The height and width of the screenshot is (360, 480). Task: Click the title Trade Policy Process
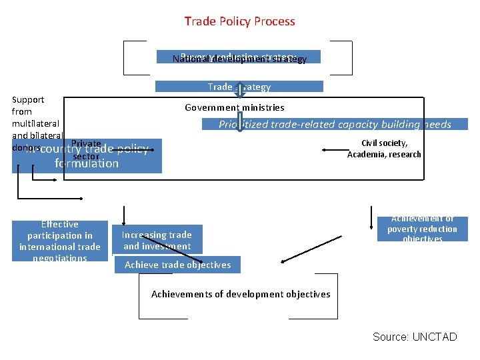coord(239,21)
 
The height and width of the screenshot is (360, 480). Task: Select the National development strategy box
coord(239,57)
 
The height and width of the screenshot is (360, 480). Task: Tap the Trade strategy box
coord(239,87)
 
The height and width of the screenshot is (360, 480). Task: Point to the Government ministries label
coord(235,107)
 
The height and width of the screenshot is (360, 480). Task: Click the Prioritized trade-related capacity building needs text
coord(335,124)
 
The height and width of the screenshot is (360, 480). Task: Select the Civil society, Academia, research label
coord(384,149)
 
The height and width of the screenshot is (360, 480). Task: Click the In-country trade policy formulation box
coord(87,156)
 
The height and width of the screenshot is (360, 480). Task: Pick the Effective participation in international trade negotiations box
coord(60,241)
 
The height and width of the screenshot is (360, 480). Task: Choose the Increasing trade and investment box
coord(157,240)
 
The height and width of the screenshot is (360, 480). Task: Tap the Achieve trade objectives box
coord(178,265)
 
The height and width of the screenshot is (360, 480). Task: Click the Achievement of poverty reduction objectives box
coord(423,229)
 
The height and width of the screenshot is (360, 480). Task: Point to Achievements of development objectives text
coord(241,294)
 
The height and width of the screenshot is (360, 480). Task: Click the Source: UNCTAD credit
coord(415,337)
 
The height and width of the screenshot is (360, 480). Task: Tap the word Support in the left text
coord(28,100)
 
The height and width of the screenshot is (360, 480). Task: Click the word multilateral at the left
coord(35,123)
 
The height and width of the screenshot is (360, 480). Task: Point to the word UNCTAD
coord(435,337)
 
